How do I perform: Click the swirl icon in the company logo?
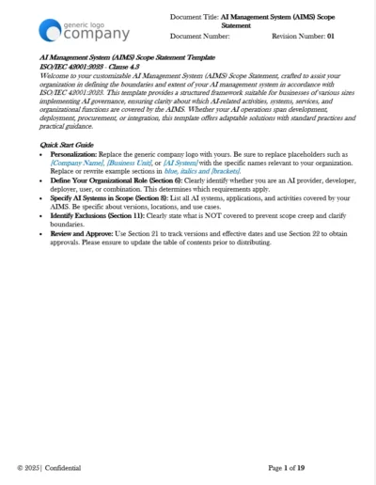point(51,31)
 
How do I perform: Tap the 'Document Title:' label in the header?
point(196,17)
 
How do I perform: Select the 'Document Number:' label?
point(199,37)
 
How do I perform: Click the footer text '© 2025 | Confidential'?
point(49,467)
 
